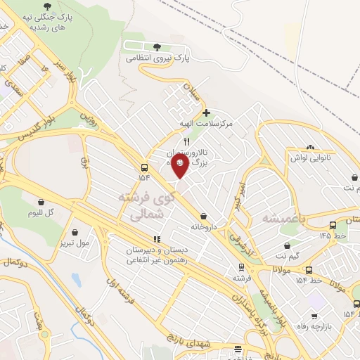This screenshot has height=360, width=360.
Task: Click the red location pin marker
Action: coord(180,165)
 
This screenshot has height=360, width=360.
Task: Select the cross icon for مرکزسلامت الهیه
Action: coord(205,112)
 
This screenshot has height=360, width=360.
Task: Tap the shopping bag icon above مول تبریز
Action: coord(75,231)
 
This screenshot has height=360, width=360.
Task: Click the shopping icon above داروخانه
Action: coord(204,217)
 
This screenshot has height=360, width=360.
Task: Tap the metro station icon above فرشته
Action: coord(241,266)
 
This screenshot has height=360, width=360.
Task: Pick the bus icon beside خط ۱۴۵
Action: coord(332,225)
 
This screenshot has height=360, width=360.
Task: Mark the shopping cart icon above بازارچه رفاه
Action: coord(314,297)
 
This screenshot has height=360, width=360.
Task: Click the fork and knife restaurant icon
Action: coord(186,141)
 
